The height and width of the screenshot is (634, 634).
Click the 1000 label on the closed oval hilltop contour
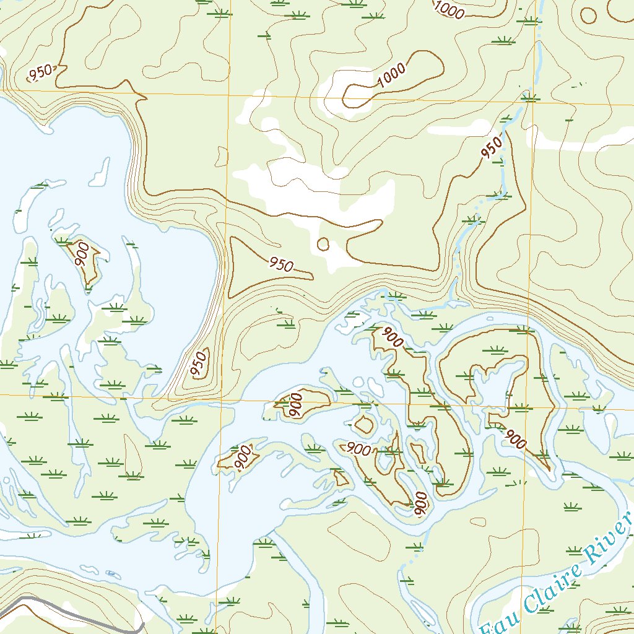point(391,76)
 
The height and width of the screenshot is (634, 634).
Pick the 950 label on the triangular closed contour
point(280,265)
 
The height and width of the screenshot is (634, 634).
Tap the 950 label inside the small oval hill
point(199,365)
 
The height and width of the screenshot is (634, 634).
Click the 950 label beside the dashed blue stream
point(492,148)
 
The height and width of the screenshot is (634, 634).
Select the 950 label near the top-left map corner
point(41,72)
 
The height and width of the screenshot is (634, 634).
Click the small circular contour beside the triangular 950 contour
point(323,244)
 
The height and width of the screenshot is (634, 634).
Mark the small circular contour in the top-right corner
point(587,15)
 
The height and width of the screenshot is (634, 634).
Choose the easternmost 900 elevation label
point(515,439)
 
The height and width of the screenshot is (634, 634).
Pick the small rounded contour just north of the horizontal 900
point(363,425)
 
